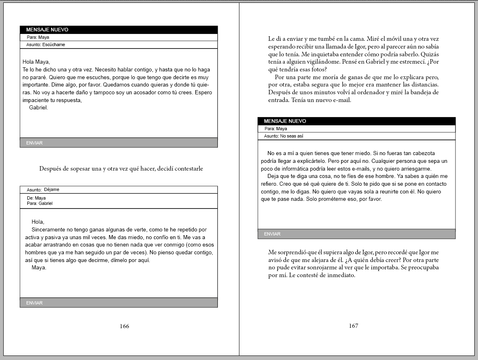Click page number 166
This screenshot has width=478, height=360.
pos(124,326)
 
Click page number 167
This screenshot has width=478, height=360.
pos(353,326)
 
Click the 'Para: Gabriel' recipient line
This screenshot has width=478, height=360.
pos(40,203)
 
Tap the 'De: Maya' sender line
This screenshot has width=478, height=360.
pos(36,198)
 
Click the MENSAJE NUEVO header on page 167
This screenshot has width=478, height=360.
pos(285,121)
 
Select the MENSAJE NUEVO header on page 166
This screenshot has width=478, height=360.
pos(47,30)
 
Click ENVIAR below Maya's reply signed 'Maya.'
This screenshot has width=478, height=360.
pos(34,303)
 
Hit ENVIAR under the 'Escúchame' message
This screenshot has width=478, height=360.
pos(34,143)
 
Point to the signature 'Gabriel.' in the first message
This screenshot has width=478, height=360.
pos(38,108)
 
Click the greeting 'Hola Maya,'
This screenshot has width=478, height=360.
pos(36,62)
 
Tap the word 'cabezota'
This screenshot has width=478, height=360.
pos(429,153)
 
